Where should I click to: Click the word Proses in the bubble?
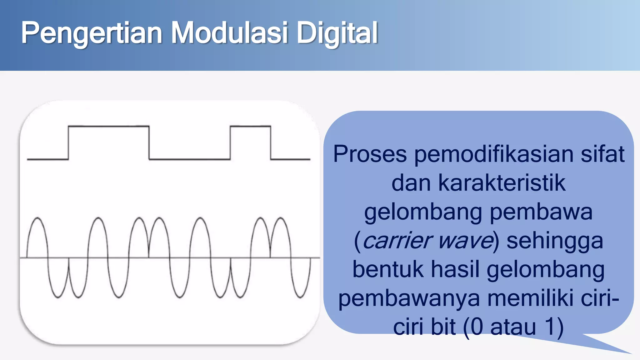point(370,154)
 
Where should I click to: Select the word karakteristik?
point(502,183)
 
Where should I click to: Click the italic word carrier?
point(397,241)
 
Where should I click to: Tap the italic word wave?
point(465,241)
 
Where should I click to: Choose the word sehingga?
point(555,241)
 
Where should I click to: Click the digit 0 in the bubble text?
point(477,327)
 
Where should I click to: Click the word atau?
point(513,327)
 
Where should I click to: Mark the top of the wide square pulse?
point(108,126)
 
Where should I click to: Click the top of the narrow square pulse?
point(250,126)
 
